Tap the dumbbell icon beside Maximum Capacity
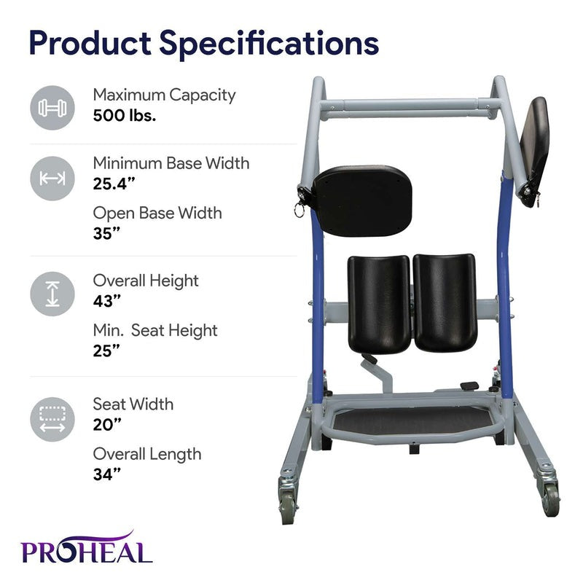52,108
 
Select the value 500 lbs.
124,114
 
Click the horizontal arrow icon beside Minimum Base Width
52,178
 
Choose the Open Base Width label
157,214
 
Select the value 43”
107,300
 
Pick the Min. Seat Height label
155,330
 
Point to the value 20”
107,424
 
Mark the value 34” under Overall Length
107,474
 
